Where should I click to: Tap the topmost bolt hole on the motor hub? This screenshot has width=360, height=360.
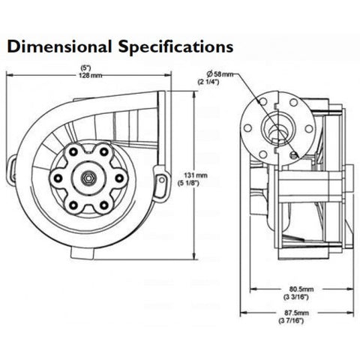coord(88,148)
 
